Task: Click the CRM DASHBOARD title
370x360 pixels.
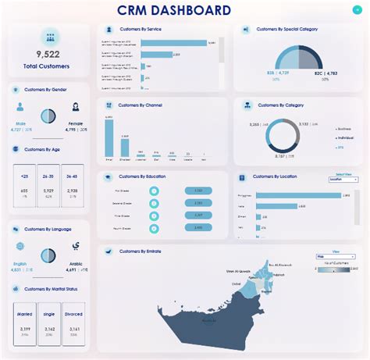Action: tap(184, 10)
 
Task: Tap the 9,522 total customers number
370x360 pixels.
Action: tap(48, 54)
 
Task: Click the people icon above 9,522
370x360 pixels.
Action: tap(48, 37)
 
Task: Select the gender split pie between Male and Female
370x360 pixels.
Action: tap(48, 116)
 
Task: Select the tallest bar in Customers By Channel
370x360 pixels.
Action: tap(109, 138)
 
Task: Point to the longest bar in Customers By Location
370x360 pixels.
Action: tap(297, 194)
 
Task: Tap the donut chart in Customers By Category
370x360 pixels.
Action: tap(283, 135)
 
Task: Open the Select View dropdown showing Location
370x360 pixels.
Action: tap(343, 179)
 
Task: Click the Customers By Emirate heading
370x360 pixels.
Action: tap(141, 251)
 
